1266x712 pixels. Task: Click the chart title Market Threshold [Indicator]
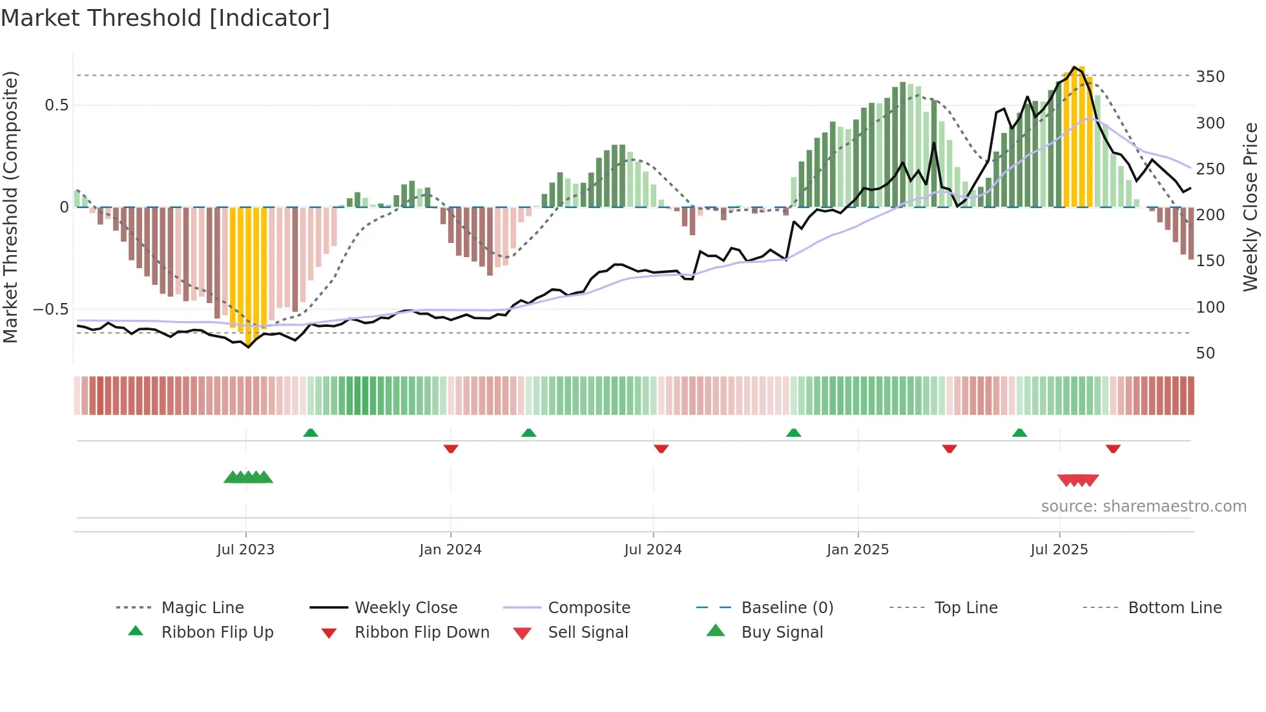tap(165, 18)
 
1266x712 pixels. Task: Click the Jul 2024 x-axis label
tap(652, 550)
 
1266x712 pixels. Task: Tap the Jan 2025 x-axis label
tap(857, 550)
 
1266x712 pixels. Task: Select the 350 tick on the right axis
tap(1210, 77)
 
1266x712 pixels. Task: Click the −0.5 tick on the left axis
tap(50, 309)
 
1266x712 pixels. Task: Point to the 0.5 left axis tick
tap(56, 105)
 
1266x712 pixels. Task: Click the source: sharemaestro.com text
tap(1143, 507)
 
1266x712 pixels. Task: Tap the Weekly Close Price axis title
tap(1250, 207)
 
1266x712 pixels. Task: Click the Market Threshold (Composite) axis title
tap(10, 207)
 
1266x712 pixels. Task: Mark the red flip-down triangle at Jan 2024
tap(451, 448)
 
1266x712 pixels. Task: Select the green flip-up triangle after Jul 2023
tap(311, 433)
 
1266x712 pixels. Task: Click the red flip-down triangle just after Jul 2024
tap(661, 448)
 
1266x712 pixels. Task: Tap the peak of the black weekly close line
tap(1074, 67)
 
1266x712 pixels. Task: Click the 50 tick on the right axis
tap(1205, 353)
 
